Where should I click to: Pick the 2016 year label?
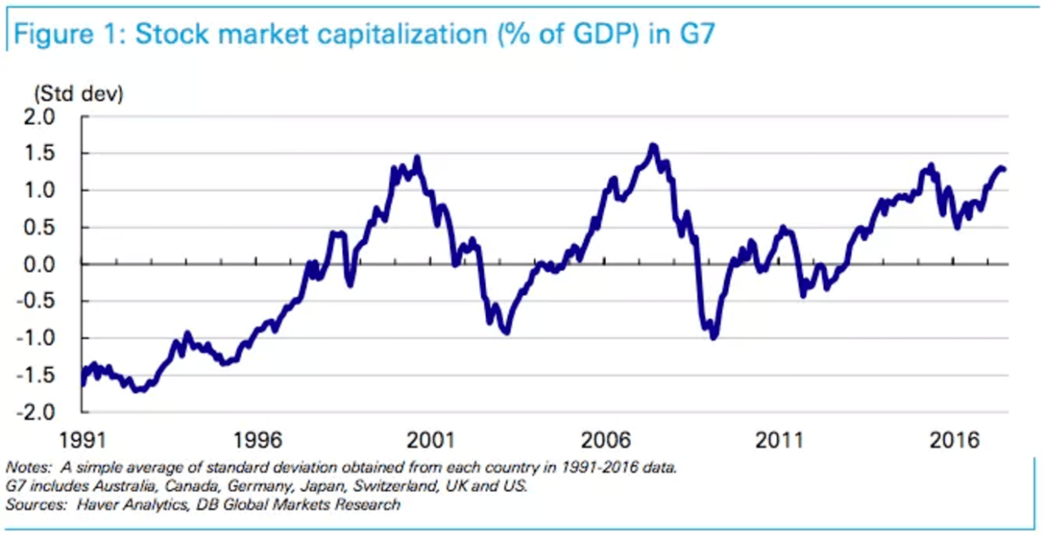(x=953, y=441)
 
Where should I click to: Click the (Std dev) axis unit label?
(x=77, y=95)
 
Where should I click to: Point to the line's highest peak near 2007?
(x=652, y=147)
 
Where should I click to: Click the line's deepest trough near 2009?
(x=714, y=337)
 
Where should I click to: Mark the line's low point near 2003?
(x=506, y=332)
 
